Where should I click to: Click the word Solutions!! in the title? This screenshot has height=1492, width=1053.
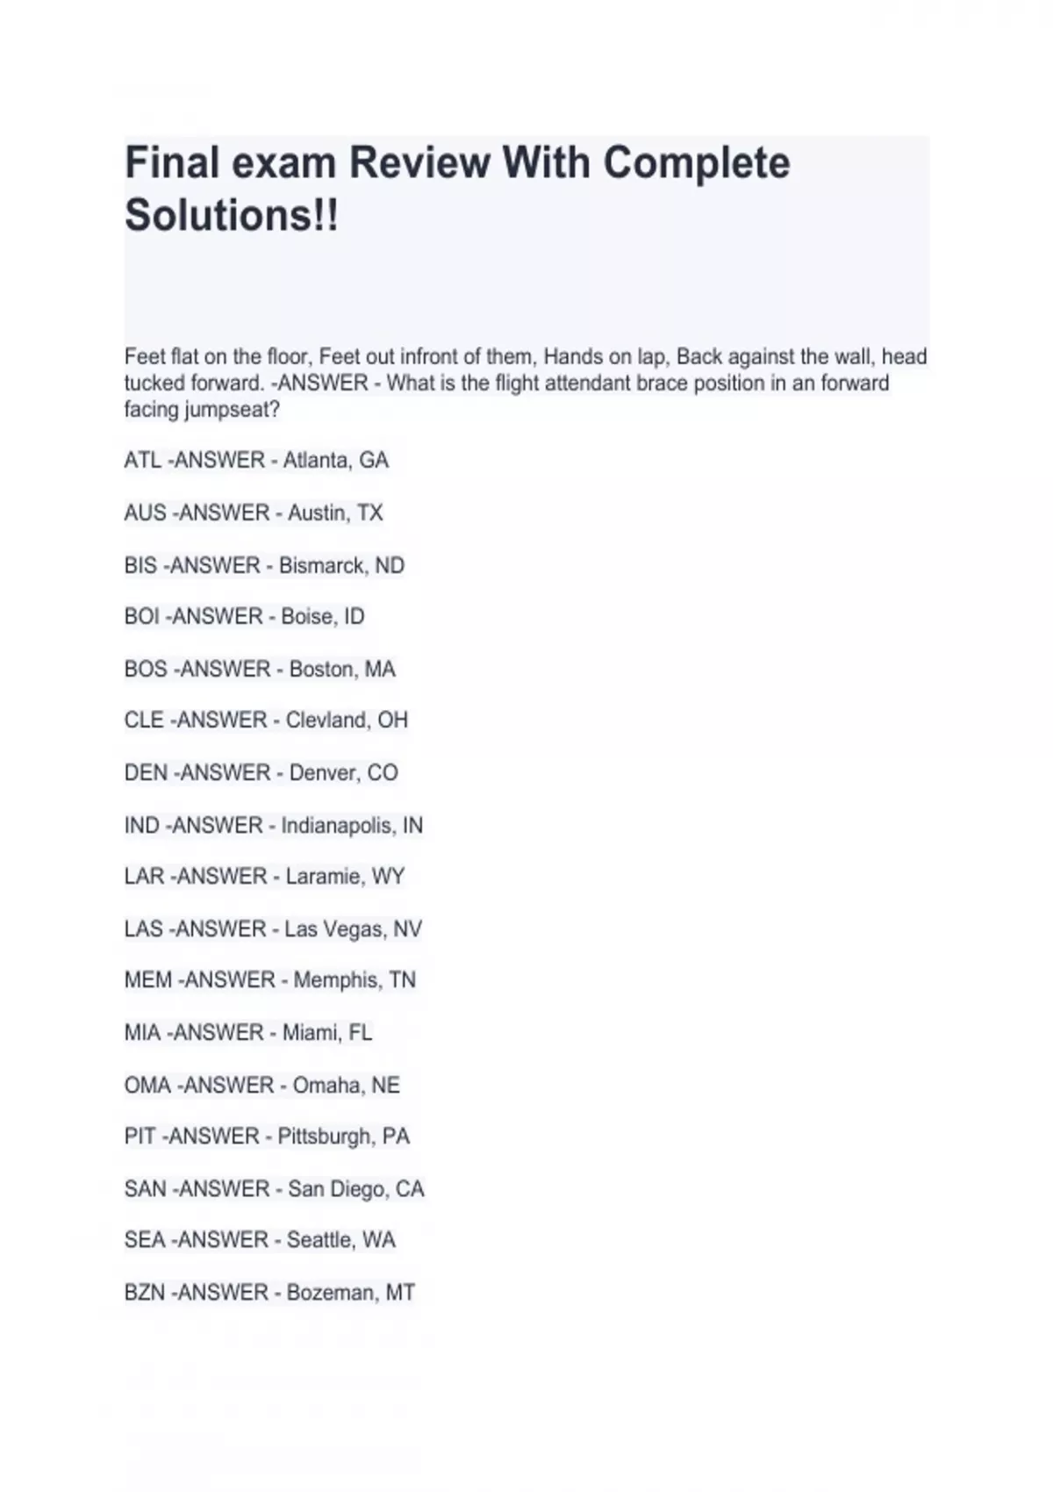232,215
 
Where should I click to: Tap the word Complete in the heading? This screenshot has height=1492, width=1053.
696,163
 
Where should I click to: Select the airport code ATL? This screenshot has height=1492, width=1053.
142,461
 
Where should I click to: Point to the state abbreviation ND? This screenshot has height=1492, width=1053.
390,565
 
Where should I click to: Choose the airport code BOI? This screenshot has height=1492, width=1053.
141,617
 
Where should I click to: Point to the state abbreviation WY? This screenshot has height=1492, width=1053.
388,877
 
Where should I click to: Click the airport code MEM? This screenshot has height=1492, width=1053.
147,980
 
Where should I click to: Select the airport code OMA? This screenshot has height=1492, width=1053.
147,1086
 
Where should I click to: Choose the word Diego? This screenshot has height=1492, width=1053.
358,1189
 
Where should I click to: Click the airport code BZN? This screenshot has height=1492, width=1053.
145,1293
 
